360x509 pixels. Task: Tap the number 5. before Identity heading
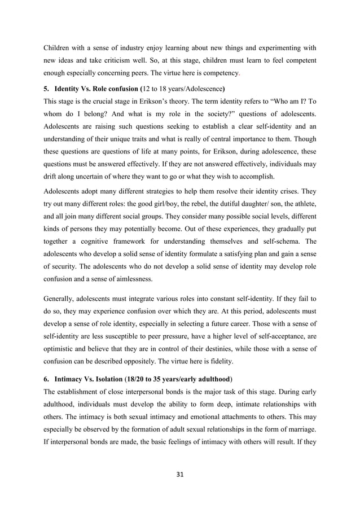(47, 89)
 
